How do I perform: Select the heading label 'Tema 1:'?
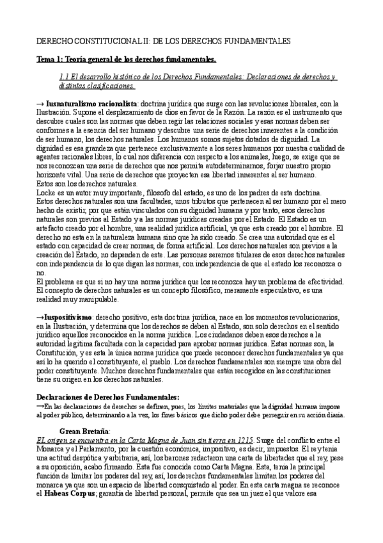pyautogui.click(x=50, y=60)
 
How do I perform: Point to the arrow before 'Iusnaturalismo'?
pyautogui.click(x=40, y=104)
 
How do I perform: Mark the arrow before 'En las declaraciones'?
pyautogui.click(x=40, y=405)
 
